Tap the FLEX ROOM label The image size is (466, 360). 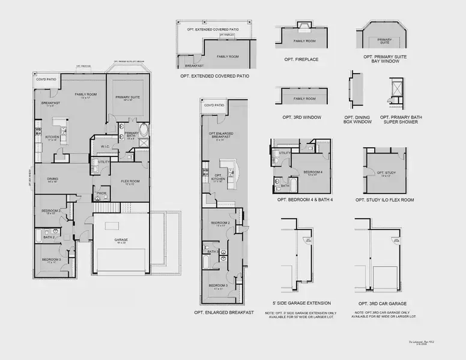tap(130, 181)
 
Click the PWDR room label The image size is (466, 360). tap(101, 193)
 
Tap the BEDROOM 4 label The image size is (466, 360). tap(309, 172)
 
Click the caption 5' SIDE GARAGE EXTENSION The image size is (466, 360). tap(301, 303)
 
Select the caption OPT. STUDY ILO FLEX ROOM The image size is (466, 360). tap(383, 200)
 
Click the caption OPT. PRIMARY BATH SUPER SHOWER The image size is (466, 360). tap(399, 119)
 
